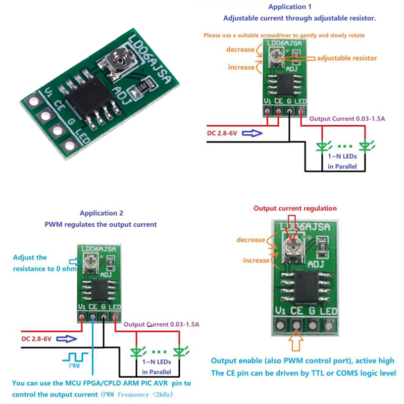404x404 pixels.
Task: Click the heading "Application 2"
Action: pyautogui.click(x=101, y=214)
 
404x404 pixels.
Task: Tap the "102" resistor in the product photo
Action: pyautogui.click(x=142, y=87)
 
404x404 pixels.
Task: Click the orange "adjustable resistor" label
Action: pyautogui.click(x=346, y=58)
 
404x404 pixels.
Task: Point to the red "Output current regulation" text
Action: pyautogui.click(x=294, y=208)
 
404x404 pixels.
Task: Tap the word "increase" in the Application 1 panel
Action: pyautogui.click(x=241, y=67)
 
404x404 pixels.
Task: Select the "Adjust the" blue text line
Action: pyautogui.click(x=30, y=258)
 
